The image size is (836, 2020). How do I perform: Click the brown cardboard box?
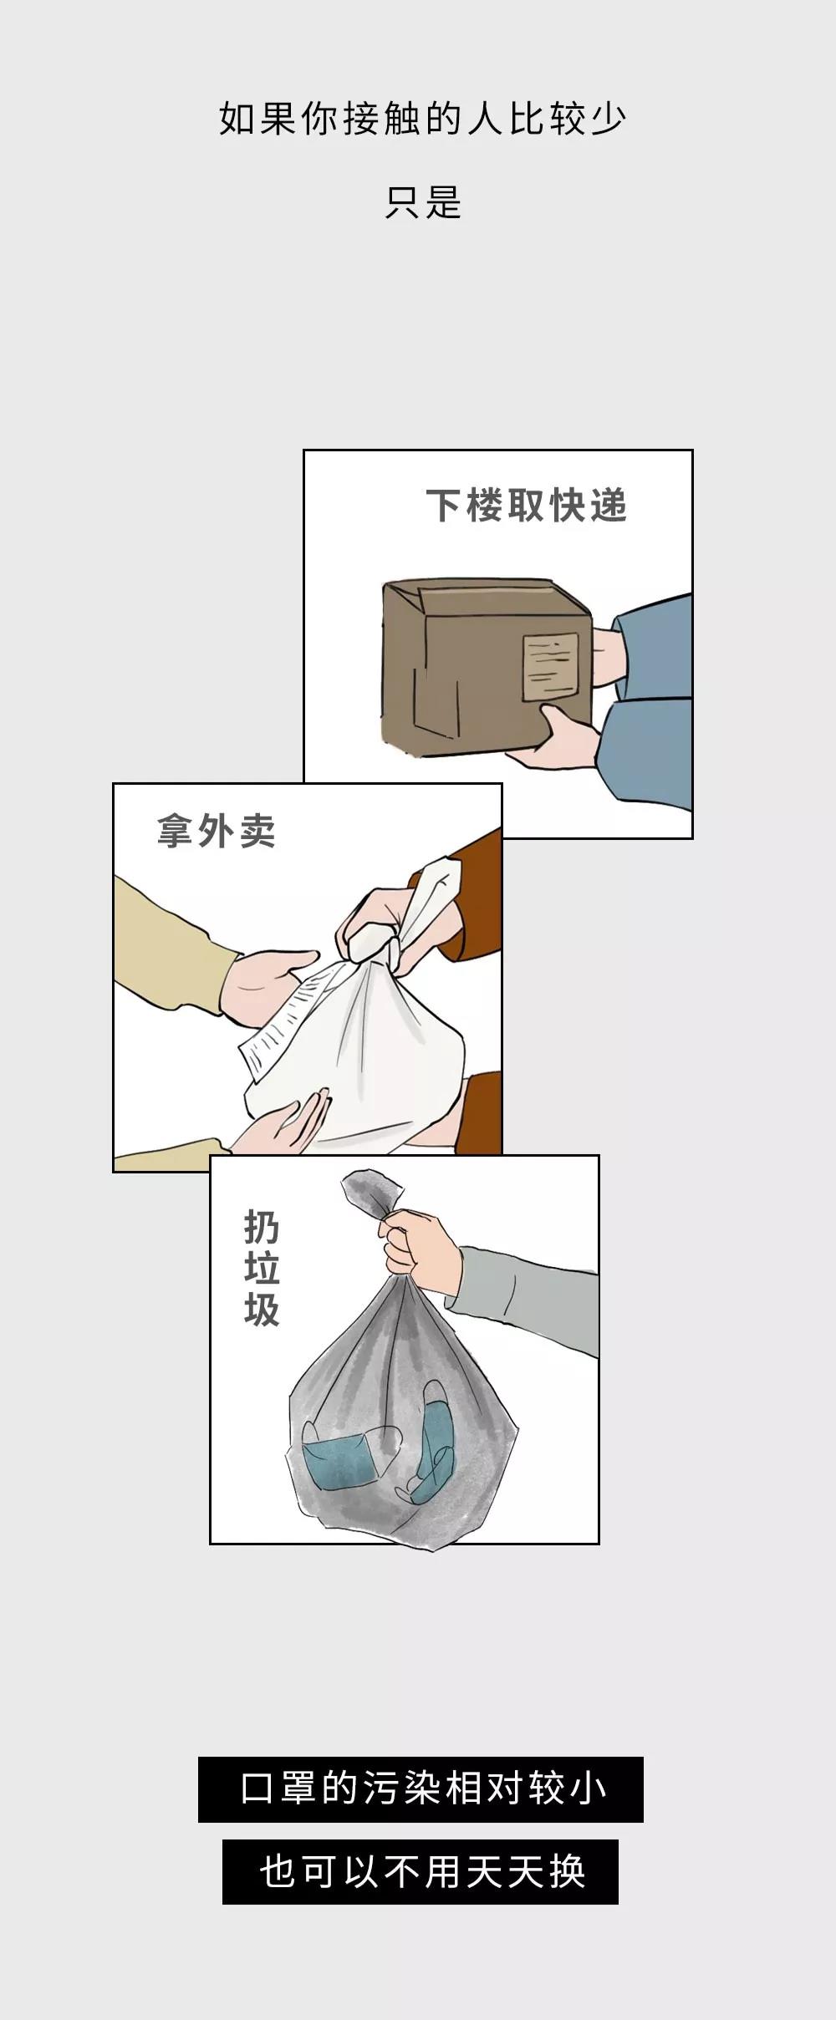[487, 666]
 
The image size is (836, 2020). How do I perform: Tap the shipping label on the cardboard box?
[550, 666]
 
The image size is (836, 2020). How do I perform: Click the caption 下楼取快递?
[527, 506]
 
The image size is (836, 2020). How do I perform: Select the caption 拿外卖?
[216, 832]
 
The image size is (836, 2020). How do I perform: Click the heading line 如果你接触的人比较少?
[422, 120]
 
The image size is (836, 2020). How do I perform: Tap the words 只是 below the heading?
[423, 202]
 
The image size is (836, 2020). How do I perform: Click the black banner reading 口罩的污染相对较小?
[421, 1789]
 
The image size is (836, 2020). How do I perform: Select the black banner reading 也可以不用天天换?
[421, 1871]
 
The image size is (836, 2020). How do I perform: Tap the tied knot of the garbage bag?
[373, 1195]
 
